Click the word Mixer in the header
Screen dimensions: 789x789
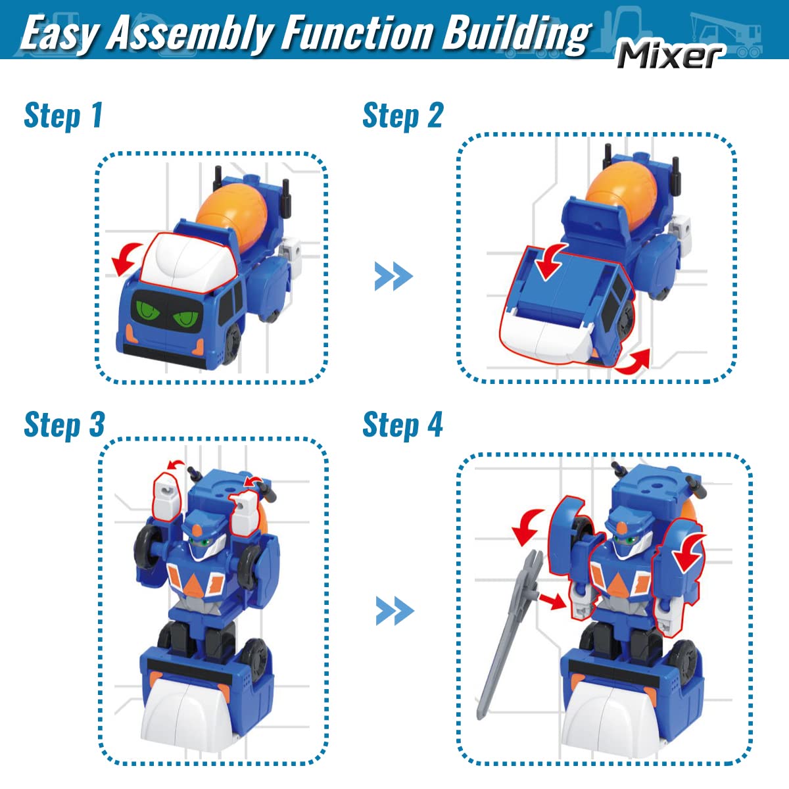670,55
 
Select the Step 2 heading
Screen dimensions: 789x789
403,116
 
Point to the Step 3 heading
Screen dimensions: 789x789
64,425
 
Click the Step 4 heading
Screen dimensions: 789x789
403,425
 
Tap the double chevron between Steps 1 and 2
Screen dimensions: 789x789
393,276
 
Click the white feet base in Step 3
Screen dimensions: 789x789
187,713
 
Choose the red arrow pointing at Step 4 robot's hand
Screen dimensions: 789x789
551,600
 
